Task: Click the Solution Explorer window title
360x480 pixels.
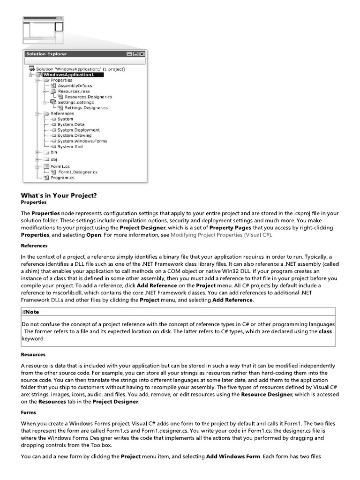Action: (46, 54)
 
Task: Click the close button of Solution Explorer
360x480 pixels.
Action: (142, 54)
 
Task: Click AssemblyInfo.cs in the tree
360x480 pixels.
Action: (75, 86)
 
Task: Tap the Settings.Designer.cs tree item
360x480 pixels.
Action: (86, 108)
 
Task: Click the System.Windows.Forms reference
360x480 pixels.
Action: (82, 141)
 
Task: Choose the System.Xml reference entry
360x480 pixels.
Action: (70, 147)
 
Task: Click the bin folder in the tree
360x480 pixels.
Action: (53, 152)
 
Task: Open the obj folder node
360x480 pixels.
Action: (53, 159)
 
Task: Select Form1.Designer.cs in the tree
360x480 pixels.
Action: (78, 172)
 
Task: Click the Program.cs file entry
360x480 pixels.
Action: (62, 178)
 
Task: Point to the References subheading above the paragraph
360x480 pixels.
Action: (34, 245)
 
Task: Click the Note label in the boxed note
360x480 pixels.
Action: (32, 312)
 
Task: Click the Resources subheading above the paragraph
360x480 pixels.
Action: (33, 354)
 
